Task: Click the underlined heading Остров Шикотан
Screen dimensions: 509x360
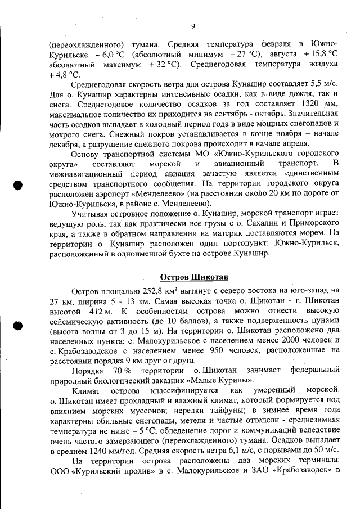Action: coord(193,277)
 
